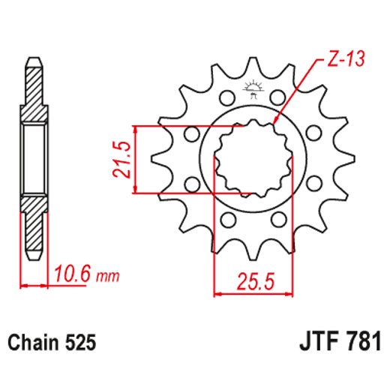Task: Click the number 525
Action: pos(80,343)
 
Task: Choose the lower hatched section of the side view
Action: pos(34,217)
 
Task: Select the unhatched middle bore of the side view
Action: pos(34,157)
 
